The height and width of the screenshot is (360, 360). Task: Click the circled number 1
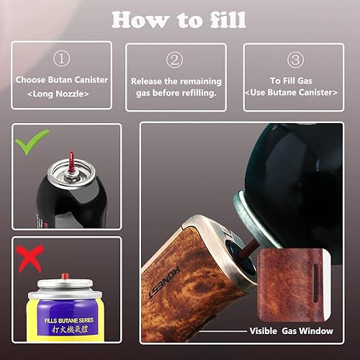[61, 58]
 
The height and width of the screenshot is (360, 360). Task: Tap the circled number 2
[174, 60]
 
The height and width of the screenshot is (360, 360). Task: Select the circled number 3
[295, 60]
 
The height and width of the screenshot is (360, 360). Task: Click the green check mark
[32, 141]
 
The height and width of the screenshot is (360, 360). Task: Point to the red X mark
[30, 258]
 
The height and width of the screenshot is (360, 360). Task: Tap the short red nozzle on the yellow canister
[64, 276]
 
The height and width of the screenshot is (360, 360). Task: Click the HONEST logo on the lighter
[164, 282]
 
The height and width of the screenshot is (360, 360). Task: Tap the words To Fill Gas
[291, 81]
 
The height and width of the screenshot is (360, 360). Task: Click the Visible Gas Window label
[291, 331]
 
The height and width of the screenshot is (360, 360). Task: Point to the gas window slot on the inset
[316, 283]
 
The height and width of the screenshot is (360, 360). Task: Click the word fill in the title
[228, 20]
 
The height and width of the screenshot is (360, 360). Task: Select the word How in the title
[140, 20]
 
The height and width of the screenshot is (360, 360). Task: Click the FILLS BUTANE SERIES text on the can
[69, 320]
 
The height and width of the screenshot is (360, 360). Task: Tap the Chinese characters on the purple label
[69, 329]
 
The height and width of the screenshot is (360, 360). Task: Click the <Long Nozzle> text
[58, 94]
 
